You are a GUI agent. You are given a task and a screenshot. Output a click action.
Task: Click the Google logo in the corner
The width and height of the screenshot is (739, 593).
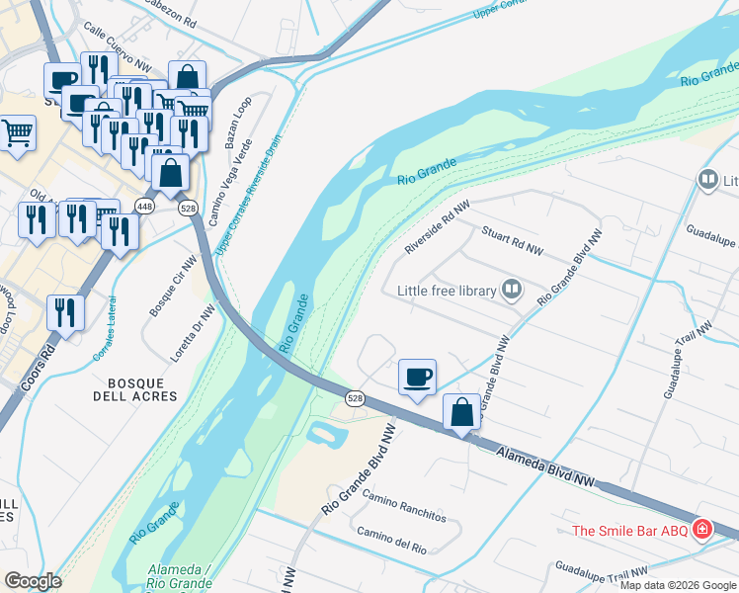[33, 581]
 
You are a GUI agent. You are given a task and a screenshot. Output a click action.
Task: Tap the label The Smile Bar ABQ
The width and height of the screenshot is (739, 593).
[631, 531]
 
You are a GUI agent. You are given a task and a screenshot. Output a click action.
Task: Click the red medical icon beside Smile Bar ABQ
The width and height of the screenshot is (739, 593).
[702, 530]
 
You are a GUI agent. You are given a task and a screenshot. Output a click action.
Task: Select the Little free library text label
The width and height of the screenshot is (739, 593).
[448, 291]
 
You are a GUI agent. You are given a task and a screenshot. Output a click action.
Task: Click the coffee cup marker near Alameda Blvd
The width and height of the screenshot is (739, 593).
[417, 378]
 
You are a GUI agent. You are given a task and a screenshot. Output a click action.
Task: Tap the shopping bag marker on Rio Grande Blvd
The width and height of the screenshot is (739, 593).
[461, 412]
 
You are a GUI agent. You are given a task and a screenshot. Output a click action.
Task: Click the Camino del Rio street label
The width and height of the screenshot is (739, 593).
[392, 541]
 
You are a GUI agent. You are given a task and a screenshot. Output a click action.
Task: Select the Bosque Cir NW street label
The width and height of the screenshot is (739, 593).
[174, 284]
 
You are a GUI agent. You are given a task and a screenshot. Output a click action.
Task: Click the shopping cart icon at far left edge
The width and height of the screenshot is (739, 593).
[17, 132]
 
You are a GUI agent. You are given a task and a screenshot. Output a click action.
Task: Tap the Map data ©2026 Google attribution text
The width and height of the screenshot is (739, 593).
[678, 585]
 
